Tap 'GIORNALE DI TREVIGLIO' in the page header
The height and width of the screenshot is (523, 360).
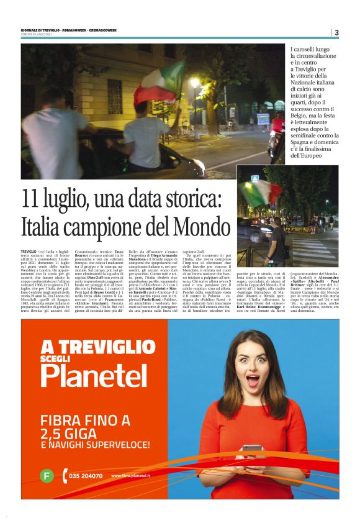(45, 30)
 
